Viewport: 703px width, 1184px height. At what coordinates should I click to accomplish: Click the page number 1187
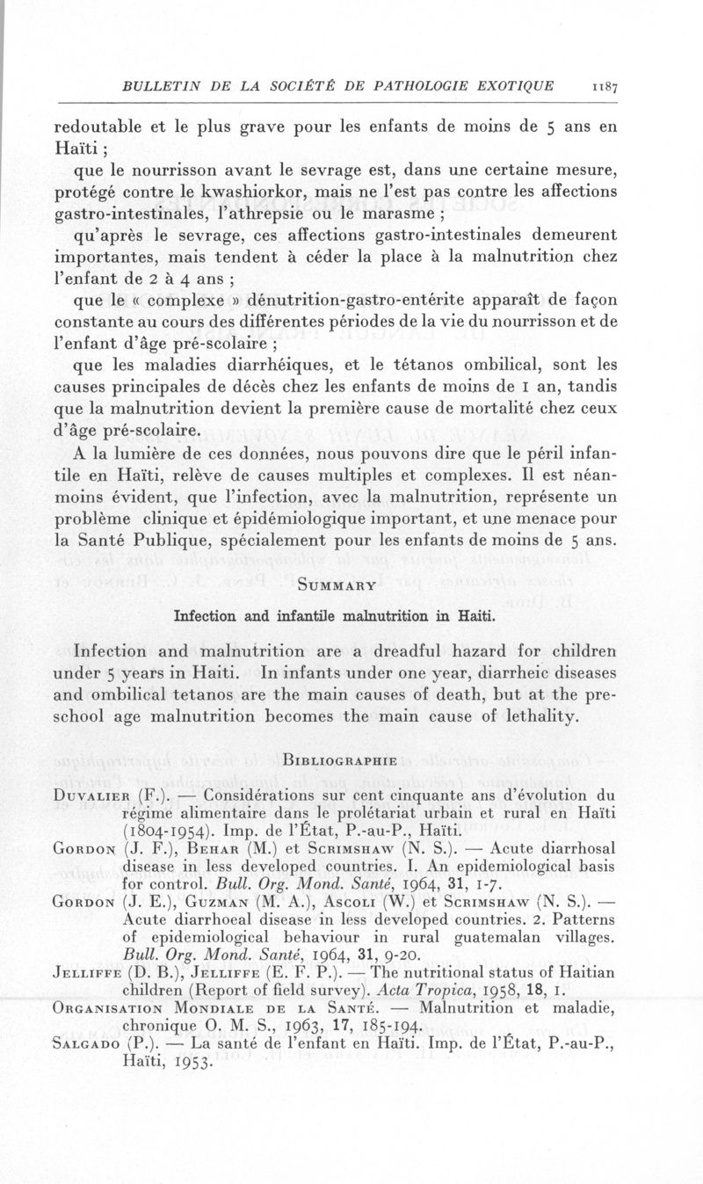coord(607,86)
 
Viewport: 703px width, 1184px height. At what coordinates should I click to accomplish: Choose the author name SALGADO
coord(89,1060)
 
